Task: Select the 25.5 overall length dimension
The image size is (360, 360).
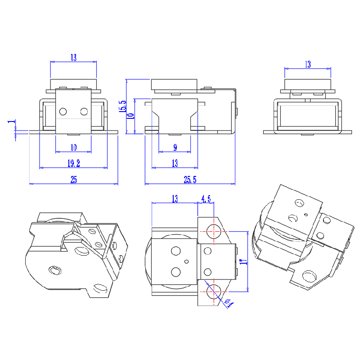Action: pyautogui.click(x=190, y=180)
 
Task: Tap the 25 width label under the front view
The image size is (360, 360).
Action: pyautogui.click(x=73, y=180)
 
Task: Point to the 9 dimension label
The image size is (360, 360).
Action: pyautogui.click(x=175, y=147)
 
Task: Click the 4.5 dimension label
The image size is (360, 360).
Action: pyautogui.click(x=206, y=198)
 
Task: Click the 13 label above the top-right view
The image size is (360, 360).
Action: pyautogui.click(x=307, y=64)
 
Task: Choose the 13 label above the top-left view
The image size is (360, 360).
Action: pyautogui.click(x=73, y=58)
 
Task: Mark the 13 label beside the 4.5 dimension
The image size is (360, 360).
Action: pyautogui.click(x=175, y=198)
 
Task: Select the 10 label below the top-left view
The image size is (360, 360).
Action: pyautogui.click(x=73, y=147)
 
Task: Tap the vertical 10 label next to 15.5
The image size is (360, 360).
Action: pyautogui.click(x=131, y=116)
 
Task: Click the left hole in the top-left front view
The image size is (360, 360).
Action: pyautogui.click(x=63, y=111)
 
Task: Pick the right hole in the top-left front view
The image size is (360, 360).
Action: pyautogui.click(x=84, y=111)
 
